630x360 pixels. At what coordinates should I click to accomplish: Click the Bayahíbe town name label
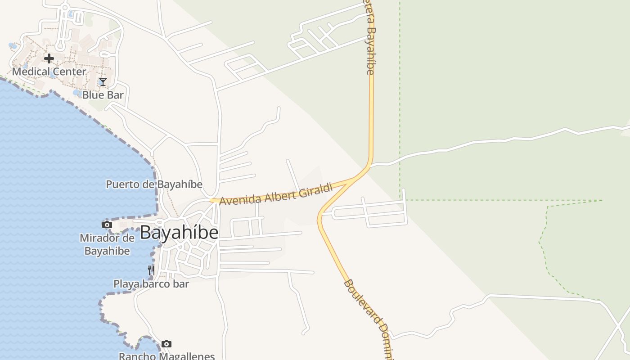tap(179, 233)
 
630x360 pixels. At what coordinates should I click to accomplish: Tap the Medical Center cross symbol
tap(49, 58)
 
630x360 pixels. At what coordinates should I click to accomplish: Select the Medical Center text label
tap(49, 72)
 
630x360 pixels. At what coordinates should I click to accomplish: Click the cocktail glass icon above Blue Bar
tap(103, 82)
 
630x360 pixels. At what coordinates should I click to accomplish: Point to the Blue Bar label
tap(103, 95)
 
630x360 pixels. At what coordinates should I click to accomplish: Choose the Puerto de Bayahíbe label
tap(154, 184)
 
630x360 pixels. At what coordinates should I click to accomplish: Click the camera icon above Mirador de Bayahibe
tap(107, 225)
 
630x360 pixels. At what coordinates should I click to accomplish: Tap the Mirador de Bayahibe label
tap(107, 244)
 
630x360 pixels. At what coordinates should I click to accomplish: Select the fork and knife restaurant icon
tap(151, 270)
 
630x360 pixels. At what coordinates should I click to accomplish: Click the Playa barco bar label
tap(151, 284)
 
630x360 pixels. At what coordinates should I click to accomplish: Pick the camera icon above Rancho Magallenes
tap(166, 344)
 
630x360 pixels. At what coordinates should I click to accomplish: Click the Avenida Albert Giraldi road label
tap(276, 194)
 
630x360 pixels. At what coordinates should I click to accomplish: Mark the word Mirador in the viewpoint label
tap(101, 238)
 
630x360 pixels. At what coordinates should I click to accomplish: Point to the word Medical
tap(30, 72)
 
